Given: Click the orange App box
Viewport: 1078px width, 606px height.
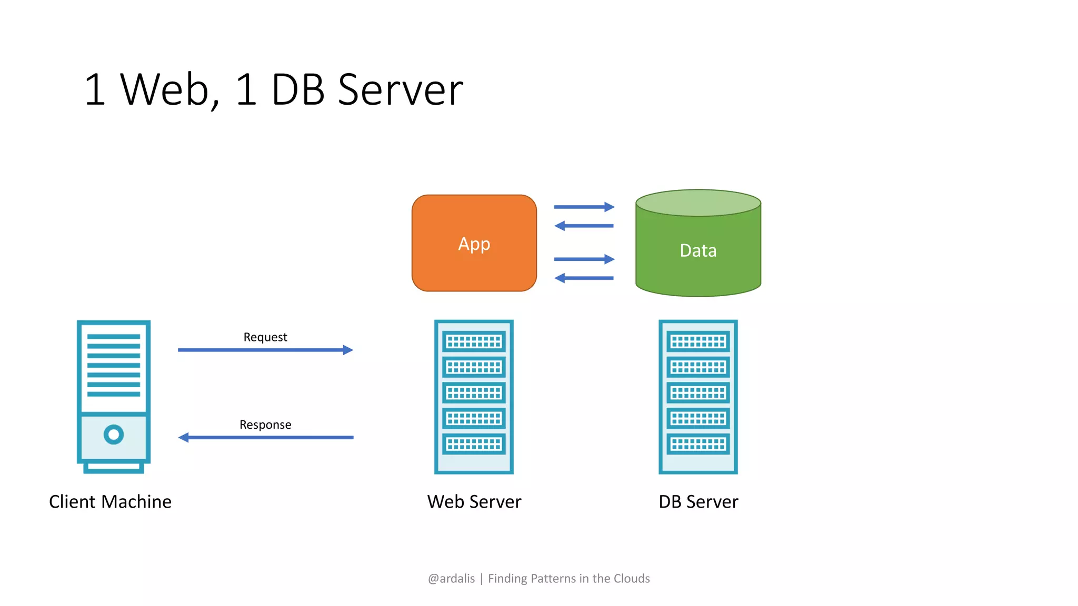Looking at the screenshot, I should click(474, 243).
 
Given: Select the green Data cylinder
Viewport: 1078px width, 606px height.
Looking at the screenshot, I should click(698, 252).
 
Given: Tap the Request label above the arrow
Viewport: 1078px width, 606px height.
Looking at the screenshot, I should click(265, 337).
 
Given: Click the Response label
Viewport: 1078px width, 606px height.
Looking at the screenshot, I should click(265, 425).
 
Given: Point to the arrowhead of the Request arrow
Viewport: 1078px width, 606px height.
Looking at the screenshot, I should click(348, 350).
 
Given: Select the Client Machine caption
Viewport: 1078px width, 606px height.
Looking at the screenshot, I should click(110, 502).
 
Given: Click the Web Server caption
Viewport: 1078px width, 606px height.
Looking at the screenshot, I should click(474, 502).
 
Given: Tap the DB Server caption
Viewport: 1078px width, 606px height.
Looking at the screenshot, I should click(698, 502).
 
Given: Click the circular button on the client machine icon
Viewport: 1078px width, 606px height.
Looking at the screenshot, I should click(114, 435).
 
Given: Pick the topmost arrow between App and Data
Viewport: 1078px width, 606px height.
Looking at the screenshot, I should click(584, 207).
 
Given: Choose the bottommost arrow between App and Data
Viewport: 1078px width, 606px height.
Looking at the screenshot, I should click(584, 278).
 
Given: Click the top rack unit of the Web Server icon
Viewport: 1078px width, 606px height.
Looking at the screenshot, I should click(474, 342).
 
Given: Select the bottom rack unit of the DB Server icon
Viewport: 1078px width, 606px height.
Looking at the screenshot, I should click(698, 444).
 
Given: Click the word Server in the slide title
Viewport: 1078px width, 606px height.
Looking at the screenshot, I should click(400, 89).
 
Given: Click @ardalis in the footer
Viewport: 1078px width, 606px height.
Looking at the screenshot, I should click(451, 579).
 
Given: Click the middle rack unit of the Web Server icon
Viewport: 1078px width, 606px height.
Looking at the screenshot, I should click(474, 393).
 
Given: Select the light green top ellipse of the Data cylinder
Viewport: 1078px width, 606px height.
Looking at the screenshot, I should click(698, 203).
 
